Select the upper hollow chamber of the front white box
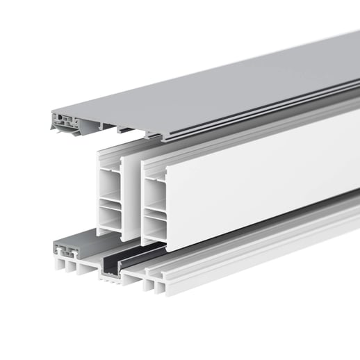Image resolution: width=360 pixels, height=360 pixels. [x=154, y=188]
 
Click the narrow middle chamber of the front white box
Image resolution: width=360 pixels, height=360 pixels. [x=154, y=209]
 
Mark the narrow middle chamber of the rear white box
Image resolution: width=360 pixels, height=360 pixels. [x=108, y=204]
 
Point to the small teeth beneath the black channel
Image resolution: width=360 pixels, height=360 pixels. [x=111, y=279]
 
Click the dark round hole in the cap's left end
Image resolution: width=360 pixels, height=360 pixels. [x=67, y=120]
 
